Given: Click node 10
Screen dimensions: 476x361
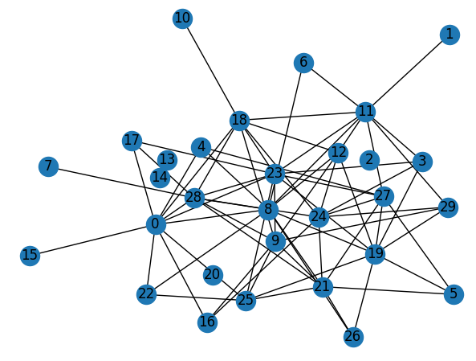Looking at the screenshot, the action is click(x=182, y=18).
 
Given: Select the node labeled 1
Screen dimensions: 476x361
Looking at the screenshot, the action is click(x=450, y=35).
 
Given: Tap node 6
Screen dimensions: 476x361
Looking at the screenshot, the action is click(x=303, y=63).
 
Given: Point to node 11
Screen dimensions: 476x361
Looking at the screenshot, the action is click(x=365, y=112).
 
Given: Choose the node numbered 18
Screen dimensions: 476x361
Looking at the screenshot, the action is click(x=239, y=121).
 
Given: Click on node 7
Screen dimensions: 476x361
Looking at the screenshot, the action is click(x=49, y=166).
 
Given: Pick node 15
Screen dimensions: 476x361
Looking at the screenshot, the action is click(x=30, y=256).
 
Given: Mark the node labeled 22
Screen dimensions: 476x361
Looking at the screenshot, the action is click(x=147, y=294).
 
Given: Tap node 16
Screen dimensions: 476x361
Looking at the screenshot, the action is click(x=207, y=322).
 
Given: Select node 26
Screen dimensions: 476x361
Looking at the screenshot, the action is click(x=353, y=337).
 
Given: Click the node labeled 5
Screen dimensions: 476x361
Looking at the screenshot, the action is click(x=454, y=294).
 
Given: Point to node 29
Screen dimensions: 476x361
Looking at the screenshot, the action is click(x=448, y=207).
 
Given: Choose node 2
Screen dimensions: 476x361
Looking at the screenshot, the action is click(x=369, y=160).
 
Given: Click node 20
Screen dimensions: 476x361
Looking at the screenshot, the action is click(x=213, y=275).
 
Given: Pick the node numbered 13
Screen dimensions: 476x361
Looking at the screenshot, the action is click(x=167, y=160).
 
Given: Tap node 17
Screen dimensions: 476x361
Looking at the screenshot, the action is click(x=132, y=141).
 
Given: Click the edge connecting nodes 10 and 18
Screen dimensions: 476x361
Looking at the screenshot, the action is click(x=211, y=70).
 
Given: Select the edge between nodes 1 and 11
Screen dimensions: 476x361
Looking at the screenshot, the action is click(x=408, y=73).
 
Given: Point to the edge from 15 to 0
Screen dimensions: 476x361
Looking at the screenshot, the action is click(x=93, y=240).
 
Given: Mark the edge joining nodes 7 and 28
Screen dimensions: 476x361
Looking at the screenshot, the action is click(x=121, y=183).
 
